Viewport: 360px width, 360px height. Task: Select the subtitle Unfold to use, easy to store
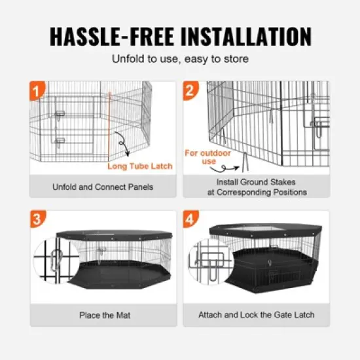point(180,60)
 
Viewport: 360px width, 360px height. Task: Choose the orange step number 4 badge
point(190,219)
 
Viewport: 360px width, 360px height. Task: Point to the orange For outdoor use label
point(200,157)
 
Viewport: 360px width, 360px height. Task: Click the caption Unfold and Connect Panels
point(103,187)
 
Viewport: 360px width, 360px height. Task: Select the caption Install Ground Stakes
point(256,182)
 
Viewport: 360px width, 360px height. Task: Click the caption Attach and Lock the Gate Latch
point(256,315)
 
